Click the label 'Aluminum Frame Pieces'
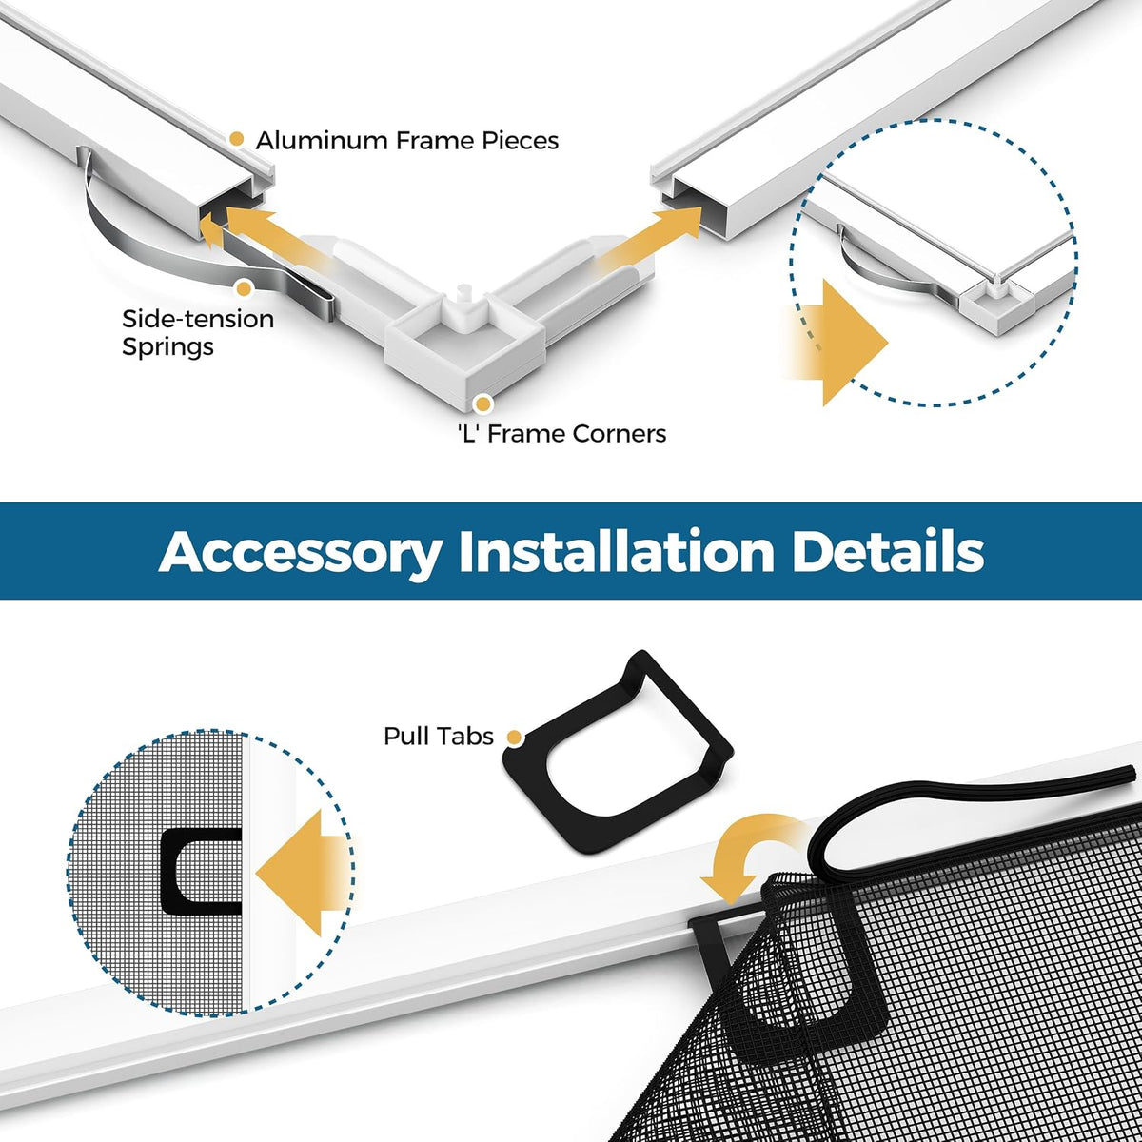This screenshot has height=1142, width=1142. [407, 141]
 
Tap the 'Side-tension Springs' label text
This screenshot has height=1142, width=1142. [198, 332]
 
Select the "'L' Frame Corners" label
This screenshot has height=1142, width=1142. [561, 434]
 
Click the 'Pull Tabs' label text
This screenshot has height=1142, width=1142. [439, 736]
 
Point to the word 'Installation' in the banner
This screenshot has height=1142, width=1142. [617, 551]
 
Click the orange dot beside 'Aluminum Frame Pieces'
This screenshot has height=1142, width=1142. [236, 139]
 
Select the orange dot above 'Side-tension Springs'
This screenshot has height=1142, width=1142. [244, 289]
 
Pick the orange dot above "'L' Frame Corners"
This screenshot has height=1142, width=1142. [483, 404]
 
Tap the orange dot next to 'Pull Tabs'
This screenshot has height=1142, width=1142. [515, 738]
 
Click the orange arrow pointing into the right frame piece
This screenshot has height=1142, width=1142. [652, 236]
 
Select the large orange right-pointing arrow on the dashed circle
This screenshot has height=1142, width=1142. [841, 343]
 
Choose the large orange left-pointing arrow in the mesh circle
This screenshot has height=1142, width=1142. [303, 873]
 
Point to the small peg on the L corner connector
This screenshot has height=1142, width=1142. [464, 292]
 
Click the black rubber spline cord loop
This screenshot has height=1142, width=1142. [972, 798]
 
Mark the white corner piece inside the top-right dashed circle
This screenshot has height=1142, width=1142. [996, 305]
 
